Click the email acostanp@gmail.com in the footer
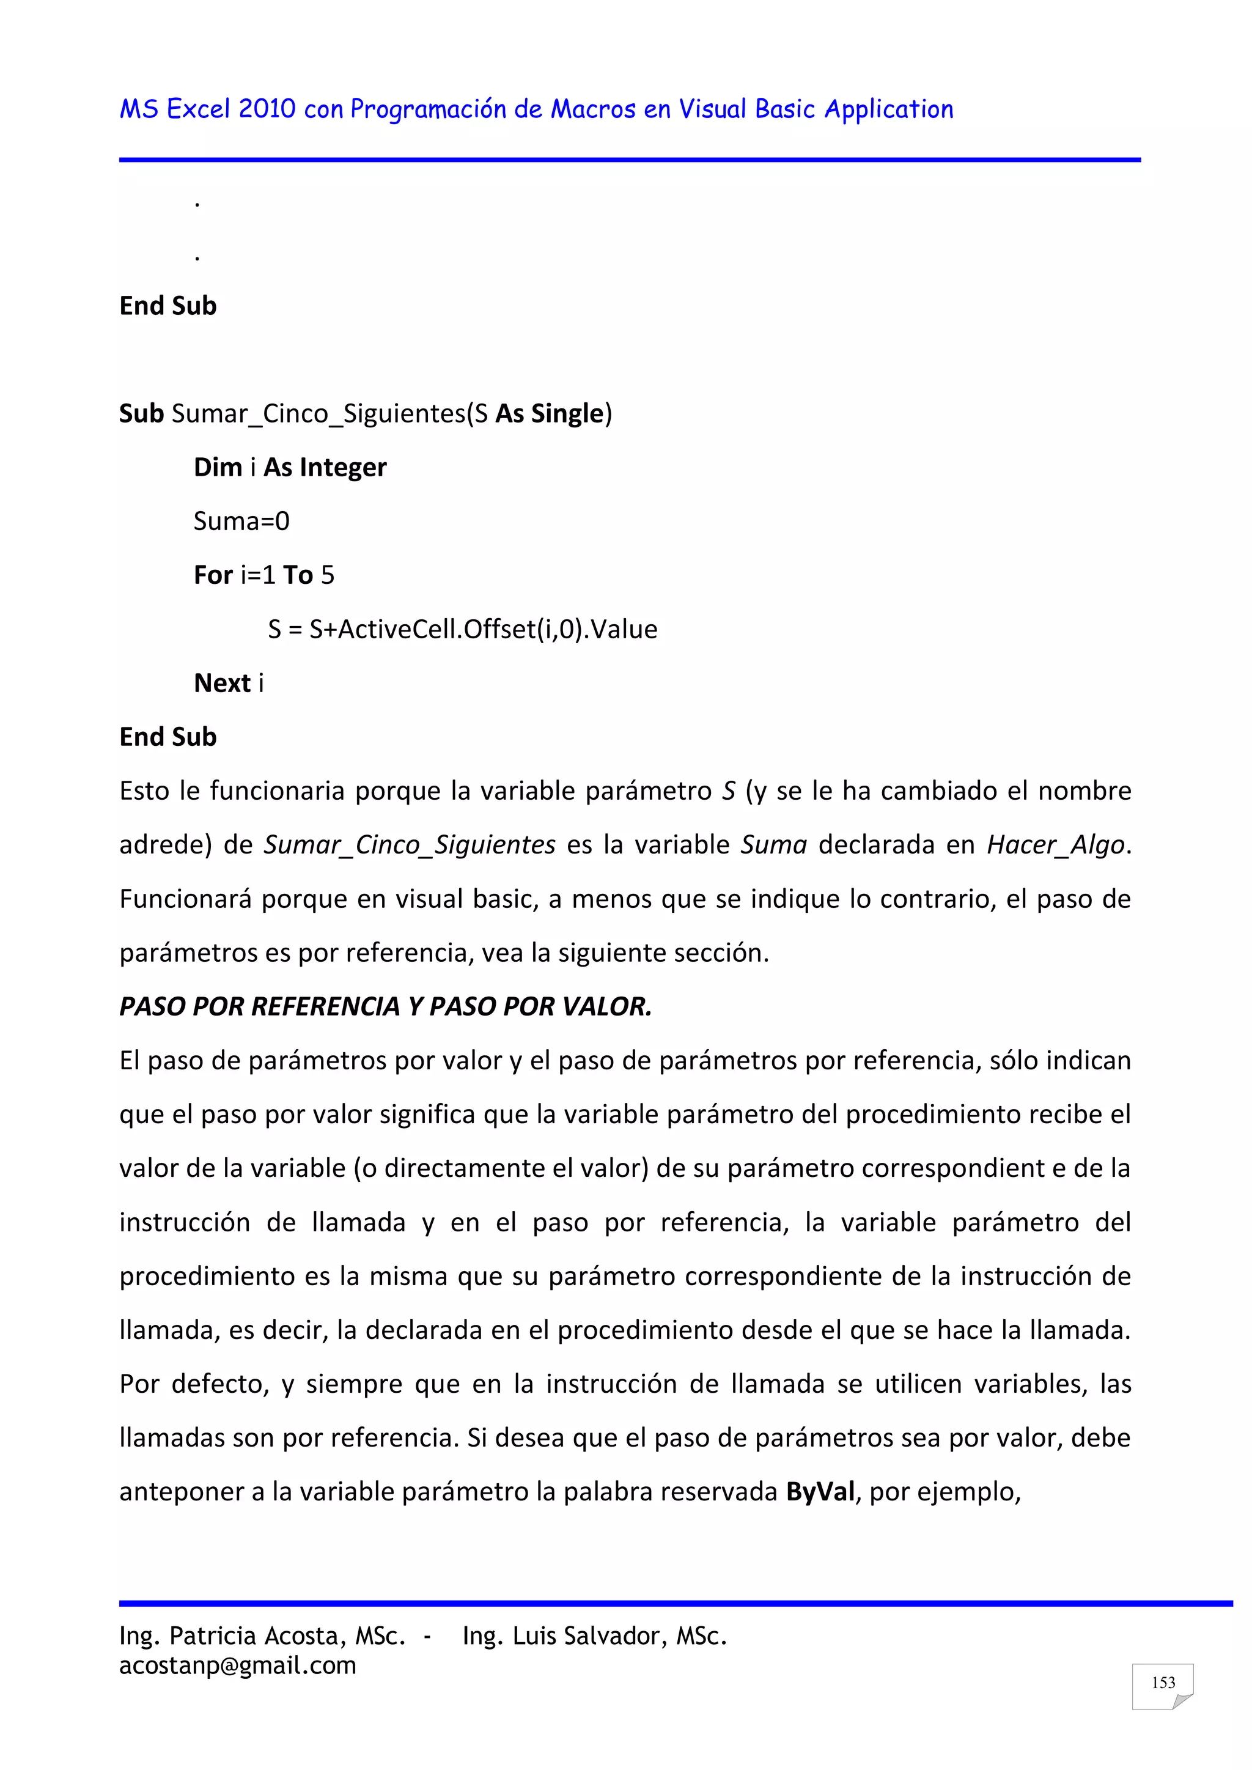(237, 1665)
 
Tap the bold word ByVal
(820, 1492)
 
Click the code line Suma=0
(241, 521)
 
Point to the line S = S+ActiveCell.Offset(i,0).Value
(463, 629)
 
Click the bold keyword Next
(222, 683)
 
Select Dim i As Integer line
(290, 467)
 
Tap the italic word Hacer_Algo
(1055, 845)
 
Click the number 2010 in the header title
(267, 109)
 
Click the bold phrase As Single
(549, 414)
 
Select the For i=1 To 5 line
(263, 575)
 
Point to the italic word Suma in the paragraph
(773, 845)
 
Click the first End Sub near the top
(168, 306)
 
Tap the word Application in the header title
(889, 109)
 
